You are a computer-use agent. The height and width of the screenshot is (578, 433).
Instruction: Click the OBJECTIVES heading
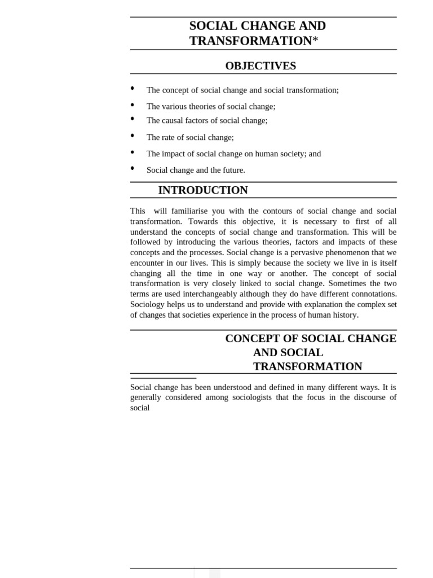pyautogui.click(x=260, y=66)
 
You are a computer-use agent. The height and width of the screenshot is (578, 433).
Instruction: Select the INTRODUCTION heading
pyautogui.click(x=203, y=190)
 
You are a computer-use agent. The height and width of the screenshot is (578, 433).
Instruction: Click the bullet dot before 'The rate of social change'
pyautogui.click(x=132, y=135)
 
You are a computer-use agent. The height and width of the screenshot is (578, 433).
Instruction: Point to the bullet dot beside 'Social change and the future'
pyautogui.click(x=132, y=168)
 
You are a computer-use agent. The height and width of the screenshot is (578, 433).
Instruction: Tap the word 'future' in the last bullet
pyautogui.click(x=232, y=170)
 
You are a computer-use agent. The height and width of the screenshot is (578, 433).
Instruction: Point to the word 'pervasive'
pyautogui.click(x=298, y=252)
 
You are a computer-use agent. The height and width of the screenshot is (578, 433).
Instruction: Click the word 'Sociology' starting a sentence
pyautogui.click(x=148, y=305)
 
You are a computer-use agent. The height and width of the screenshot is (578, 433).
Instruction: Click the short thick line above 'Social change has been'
pyautogui.click(x=164, y=378)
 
